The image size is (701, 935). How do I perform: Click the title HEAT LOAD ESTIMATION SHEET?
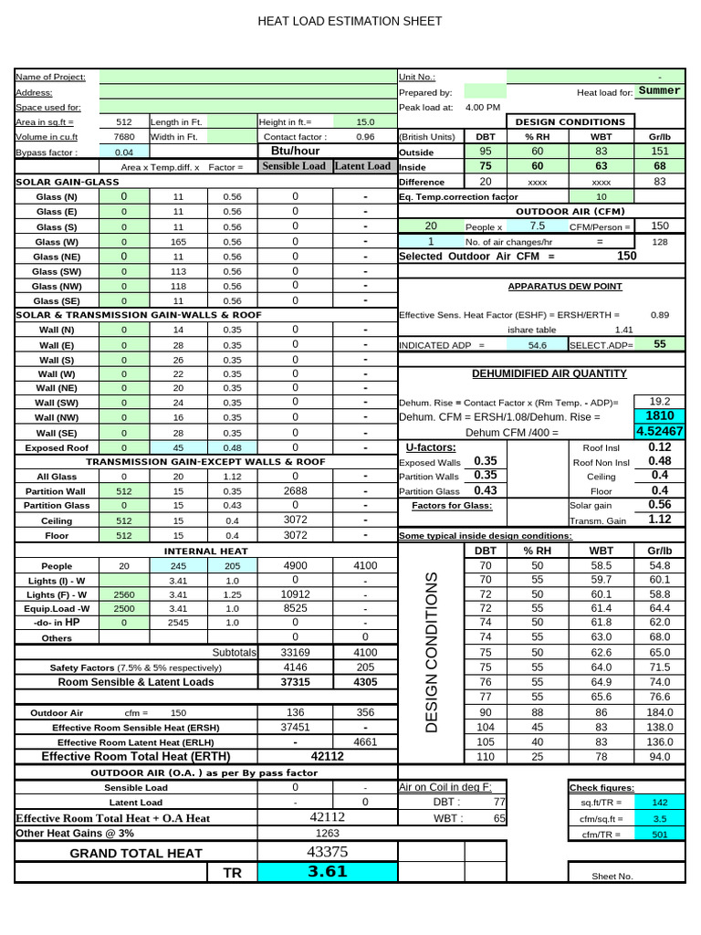click(x=350, y=21)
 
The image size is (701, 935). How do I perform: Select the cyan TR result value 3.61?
click(x=327, y=871)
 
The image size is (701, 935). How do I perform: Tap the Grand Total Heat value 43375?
click(x=327, y=851)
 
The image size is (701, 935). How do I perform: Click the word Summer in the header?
click(x=659, y=91)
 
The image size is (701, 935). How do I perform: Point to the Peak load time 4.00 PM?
click(x=483, y=107)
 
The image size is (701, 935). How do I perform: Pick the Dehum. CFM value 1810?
click(x=659, y=415)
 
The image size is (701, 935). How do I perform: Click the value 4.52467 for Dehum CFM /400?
click(x=659, y=431)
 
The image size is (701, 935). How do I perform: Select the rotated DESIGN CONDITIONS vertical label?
click(x=432, y=653)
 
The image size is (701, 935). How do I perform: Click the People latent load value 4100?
click(x=365, y=565)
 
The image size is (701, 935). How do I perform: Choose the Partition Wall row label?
click(x=56, y=490)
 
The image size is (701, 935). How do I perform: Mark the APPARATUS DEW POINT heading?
click(x=565, y=286)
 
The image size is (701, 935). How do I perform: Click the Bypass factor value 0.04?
click(x=124, y=152)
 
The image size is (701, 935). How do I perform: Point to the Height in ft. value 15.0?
click(x=365, y=121)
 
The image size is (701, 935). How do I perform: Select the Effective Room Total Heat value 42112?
click(x=327, y=756)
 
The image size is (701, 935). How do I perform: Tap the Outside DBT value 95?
click(x=486, y=151)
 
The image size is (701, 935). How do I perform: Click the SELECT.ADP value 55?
click(x=659, y=344)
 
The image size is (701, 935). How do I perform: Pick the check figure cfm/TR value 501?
click(x=659, y=834)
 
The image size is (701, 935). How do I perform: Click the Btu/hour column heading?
click(x=295, y=151)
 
